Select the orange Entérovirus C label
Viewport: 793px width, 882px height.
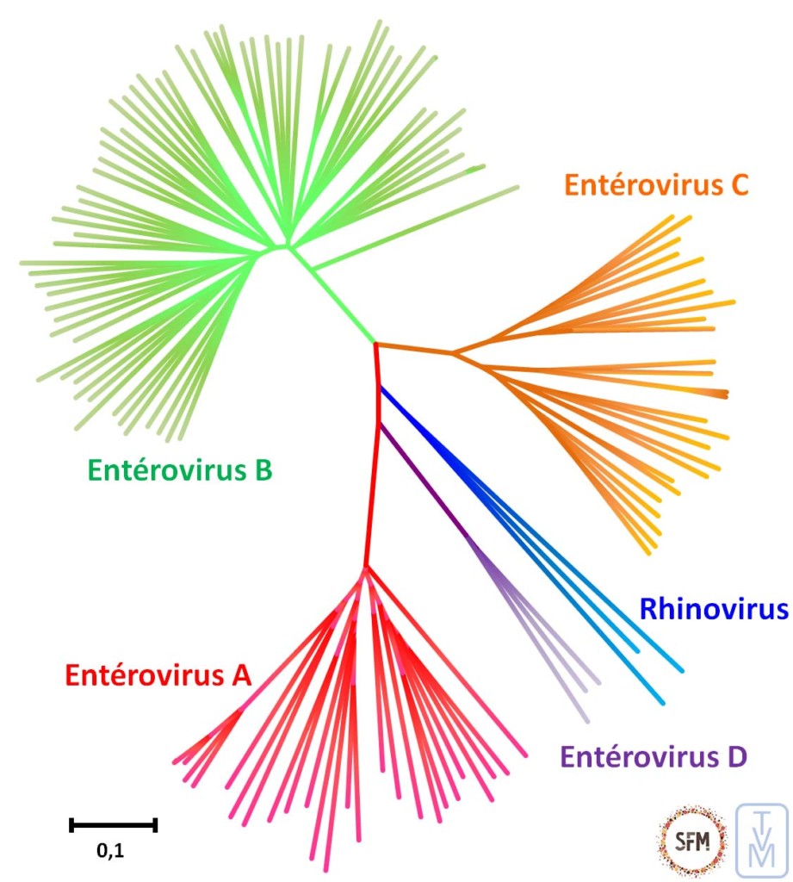[656, 184]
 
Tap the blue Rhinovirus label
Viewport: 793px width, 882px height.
[713, 610]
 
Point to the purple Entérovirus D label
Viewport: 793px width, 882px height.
[654, 758]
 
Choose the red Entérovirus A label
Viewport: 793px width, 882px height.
[157, 675]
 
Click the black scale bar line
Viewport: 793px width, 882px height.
[113, 825]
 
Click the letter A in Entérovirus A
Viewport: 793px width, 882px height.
[239, 675]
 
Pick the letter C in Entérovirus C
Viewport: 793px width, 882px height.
[738, 184]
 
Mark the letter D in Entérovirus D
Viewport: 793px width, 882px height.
[735, 758]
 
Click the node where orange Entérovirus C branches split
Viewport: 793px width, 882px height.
[454, 352]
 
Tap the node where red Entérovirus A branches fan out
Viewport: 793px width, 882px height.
[366, 568]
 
